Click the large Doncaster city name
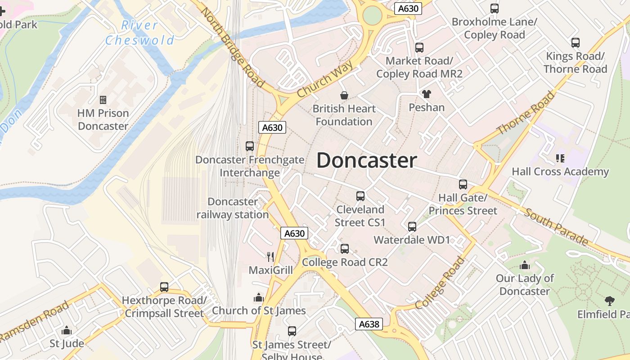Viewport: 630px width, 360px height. pyautogui.click(x=367, y=161)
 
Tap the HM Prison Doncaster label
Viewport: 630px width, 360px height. pyautogui.click(x=103, y=120)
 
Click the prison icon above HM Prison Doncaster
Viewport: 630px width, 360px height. pyautogui.click(x=103, y=99)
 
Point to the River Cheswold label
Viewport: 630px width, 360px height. pyautogui.click(x=139, y=32)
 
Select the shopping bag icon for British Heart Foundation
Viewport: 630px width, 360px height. pyautogui.click(x=344, y=95)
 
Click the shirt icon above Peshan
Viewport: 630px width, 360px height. pyautogui.click(x=427, y=94)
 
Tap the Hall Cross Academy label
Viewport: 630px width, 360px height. pyautogui.click(x=560, y=171)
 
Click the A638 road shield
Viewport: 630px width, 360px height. pyautogui.click(x=369, y=324)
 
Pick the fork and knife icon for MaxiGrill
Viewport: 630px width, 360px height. pyautogui.click(x=270, y=257)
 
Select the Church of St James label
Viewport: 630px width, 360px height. pyautogui.click(x=259, y=310)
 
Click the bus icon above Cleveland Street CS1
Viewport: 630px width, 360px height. pyautogui.click(x=360, y=196)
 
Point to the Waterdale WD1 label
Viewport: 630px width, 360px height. pyautogui.click(x=412, y=239)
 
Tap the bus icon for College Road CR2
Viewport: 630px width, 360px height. pyautogui.click(x=344, y=249)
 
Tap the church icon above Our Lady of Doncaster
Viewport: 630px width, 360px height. pyautogui.click(x=525, y=265)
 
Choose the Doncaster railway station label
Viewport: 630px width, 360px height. pyautogui.click(x=233, y=208)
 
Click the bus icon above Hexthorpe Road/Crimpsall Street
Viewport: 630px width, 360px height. pyautogui.click(x=164, y=287)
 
